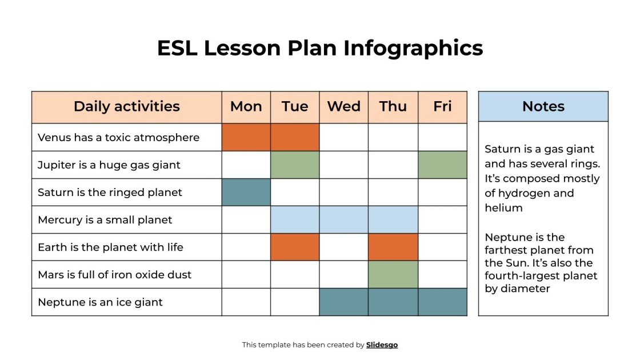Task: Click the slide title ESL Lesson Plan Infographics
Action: click(x=320, y=48)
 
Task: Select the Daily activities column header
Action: click(x=126, y=107)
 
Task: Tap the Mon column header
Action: click(x=246, y=107)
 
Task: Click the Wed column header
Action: click(x=343, y=107)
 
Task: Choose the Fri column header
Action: click(x=442, y=107)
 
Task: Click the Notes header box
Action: click(x=543, y=107)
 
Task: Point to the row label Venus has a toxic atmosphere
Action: click(x=118, y=138)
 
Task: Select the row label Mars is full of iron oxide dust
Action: click(x=114, y=275)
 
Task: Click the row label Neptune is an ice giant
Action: click(x=100, y=302)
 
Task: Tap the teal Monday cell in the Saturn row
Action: click(x=246, y=192)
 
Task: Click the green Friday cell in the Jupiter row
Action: click(x=442, y=165)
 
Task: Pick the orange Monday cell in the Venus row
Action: click(x=246, y=137)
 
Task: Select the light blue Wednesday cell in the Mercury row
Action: click(x=343, y=219)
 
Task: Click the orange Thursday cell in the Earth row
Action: click(x=393, y=247)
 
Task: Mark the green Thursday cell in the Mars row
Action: click(x=393, y=274)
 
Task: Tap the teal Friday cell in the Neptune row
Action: click(x=442, y=302)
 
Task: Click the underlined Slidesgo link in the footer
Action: click(x=382, y=345)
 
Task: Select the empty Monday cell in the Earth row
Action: click(x=246, y=247)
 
